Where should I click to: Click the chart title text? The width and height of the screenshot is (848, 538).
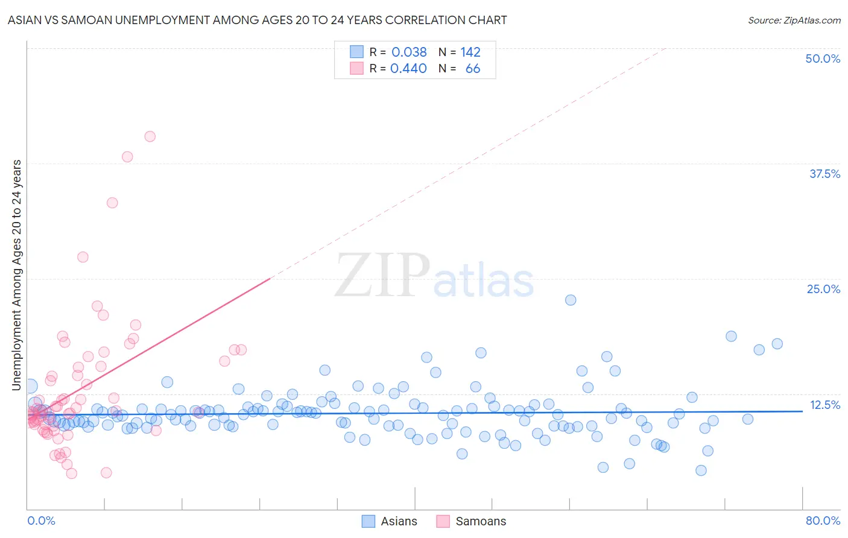257,20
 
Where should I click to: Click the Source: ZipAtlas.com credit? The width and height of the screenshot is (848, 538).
794,20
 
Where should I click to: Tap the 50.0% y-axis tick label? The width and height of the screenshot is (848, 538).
823,59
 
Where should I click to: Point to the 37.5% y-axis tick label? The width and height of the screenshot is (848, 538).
824,174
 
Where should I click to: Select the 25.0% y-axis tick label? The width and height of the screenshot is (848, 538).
823,289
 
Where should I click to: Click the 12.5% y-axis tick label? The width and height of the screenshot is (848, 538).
824,405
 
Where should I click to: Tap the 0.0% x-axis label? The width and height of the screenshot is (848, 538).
41,521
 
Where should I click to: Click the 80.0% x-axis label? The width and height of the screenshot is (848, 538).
823,521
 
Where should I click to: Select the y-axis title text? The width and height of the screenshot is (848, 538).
17,275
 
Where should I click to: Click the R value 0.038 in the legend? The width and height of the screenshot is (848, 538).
409,52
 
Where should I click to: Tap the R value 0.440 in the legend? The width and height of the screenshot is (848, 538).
408,68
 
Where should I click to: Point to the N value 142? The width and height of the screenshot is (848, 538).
470,52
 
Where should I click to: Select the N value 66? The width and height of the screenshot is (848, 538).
473,68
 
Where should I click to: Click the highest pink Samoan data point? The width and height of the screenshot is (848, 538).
150,136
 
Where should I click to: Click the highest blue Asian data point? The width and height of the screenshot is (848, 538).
571,300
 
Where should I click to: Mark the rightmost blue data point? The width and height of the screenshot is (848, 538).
777,344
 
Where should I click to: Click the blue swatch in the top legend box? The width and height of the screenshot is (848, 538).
357,52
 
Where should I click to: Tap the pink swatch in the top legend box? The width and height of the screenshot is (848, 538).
357,68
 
